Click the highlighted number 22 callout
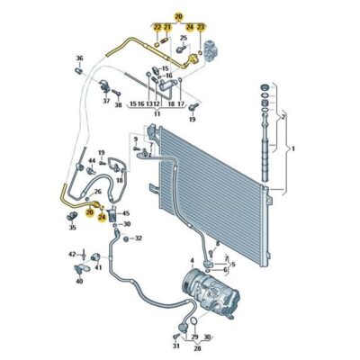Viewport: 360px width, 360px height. (157, 28)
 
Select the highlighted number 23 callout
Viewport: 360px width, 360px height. (201, 28)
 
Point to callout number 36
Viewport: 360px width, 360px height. (78, 59)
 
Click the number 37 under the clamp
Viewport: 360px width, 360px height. (105, 102)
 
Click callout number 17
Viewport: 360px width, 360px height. (180, 104)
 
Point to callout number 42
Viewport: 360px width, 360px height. (72, 256)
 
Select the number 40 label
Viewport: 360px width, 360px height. (79, 282)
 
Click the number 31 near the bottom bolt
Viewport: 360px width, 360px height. (176, 345)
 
